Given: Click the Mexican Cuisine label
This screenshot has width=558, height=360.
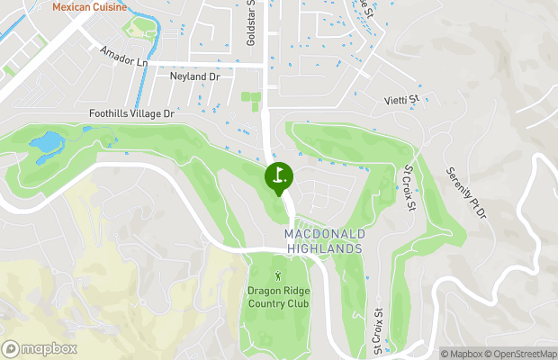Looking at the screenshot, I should [89, 7].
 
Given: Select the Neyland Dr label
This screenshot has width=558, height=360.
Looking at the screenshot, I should [195, 77].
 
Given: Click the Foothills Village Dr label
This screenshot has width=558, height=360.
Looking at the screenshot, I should [130, 114].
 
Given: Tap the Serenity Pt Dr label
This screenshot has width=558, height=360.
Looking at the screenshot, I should [465, 193].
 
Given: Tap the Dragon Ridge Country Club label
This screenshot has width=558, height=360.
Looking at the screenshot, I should [279, 296].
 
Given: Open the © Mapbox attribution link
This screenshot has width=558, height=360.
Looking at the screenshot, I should [463, 353].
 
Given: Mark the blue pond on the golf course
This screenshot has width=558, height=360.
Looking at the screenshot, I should [46, 143].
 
